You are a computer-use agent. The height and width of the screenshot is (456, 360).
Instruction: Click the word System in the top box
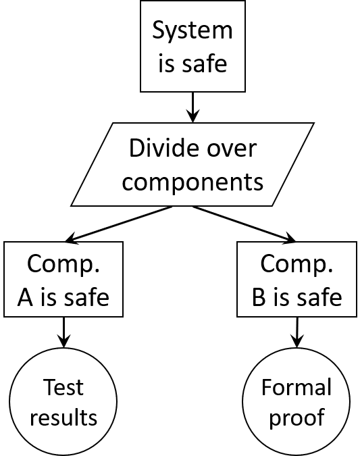tap(192, 30)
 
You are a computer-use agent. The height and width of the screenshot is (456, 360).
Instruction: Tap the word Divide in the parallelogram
tap(163, 148)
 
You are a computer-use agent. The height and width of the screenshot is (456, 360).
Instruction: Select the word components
tap(192, 182)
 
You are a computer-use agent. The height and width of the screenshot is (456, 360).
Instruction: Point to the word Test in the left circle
tap(63, 387)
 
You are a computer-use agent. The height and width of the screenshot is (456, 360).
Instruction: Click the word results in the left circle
tap(63, 417)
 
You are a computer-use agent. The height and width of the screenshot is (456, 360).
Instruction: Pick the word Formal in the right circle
tap(297, 387)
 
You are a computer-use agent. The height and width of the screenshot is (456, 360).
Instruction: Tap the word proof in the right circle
tap(297, 418)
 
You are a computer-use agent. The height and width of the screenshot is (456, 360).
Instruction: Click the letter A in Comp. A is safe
tap(25, 297)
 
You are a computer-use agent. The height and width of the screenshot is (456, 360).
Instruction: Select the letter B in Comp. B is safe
tap(259, 297)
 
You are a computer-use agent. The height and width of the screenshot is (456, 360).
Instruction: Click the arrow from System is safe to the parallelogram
tap(192, 107)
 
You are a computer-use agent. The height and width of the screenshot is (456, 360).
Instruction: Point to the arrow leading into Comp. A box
tap(119, 224)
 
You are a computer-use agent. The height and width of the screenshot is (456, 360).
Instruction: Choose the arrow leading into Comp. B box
tap(245, 224)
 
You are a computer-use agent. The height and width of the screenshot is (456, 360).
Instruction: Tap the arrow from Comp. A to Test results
tap(63, 332)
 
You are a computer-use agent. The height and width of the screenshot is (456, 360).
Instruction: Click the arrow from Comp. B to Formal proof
tap(297, 332)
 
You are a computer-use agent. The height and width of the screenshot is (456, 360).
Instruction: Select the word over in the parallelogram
tap(232, 149)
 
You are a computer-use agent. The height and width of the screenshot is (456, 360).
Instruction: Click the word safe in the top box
tap(205, 63)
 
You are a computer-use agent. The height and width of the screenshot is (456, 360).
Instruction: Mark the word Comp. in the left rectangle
tap(63, 264)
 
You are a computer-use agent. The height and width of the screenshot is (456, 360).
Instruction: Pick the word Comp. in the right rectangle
tap(297, 264)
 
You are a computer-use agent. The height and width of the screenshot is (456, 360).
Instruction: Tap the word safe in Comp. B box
tap(319, 297)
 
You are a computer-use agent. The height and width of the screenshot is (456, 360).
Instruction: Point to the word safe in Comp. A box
tap(86, 297)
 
